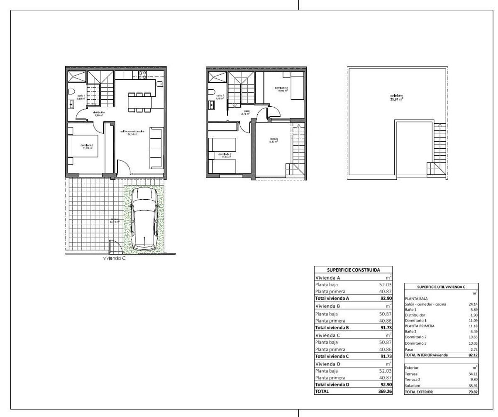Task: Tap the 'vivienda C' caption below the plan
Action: point(115,258)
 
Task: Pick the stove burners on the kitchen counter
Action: point(142,75)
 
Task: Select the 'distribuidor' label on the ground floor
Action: point(99,113)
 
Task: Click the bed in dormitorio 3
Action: point(296,86)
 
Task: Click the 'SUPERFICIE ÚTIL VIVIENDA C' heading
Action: point(441,287)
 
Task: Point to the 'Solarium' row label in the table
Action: point(413,386)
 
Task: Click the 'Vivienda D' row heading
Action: point(328,364)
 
